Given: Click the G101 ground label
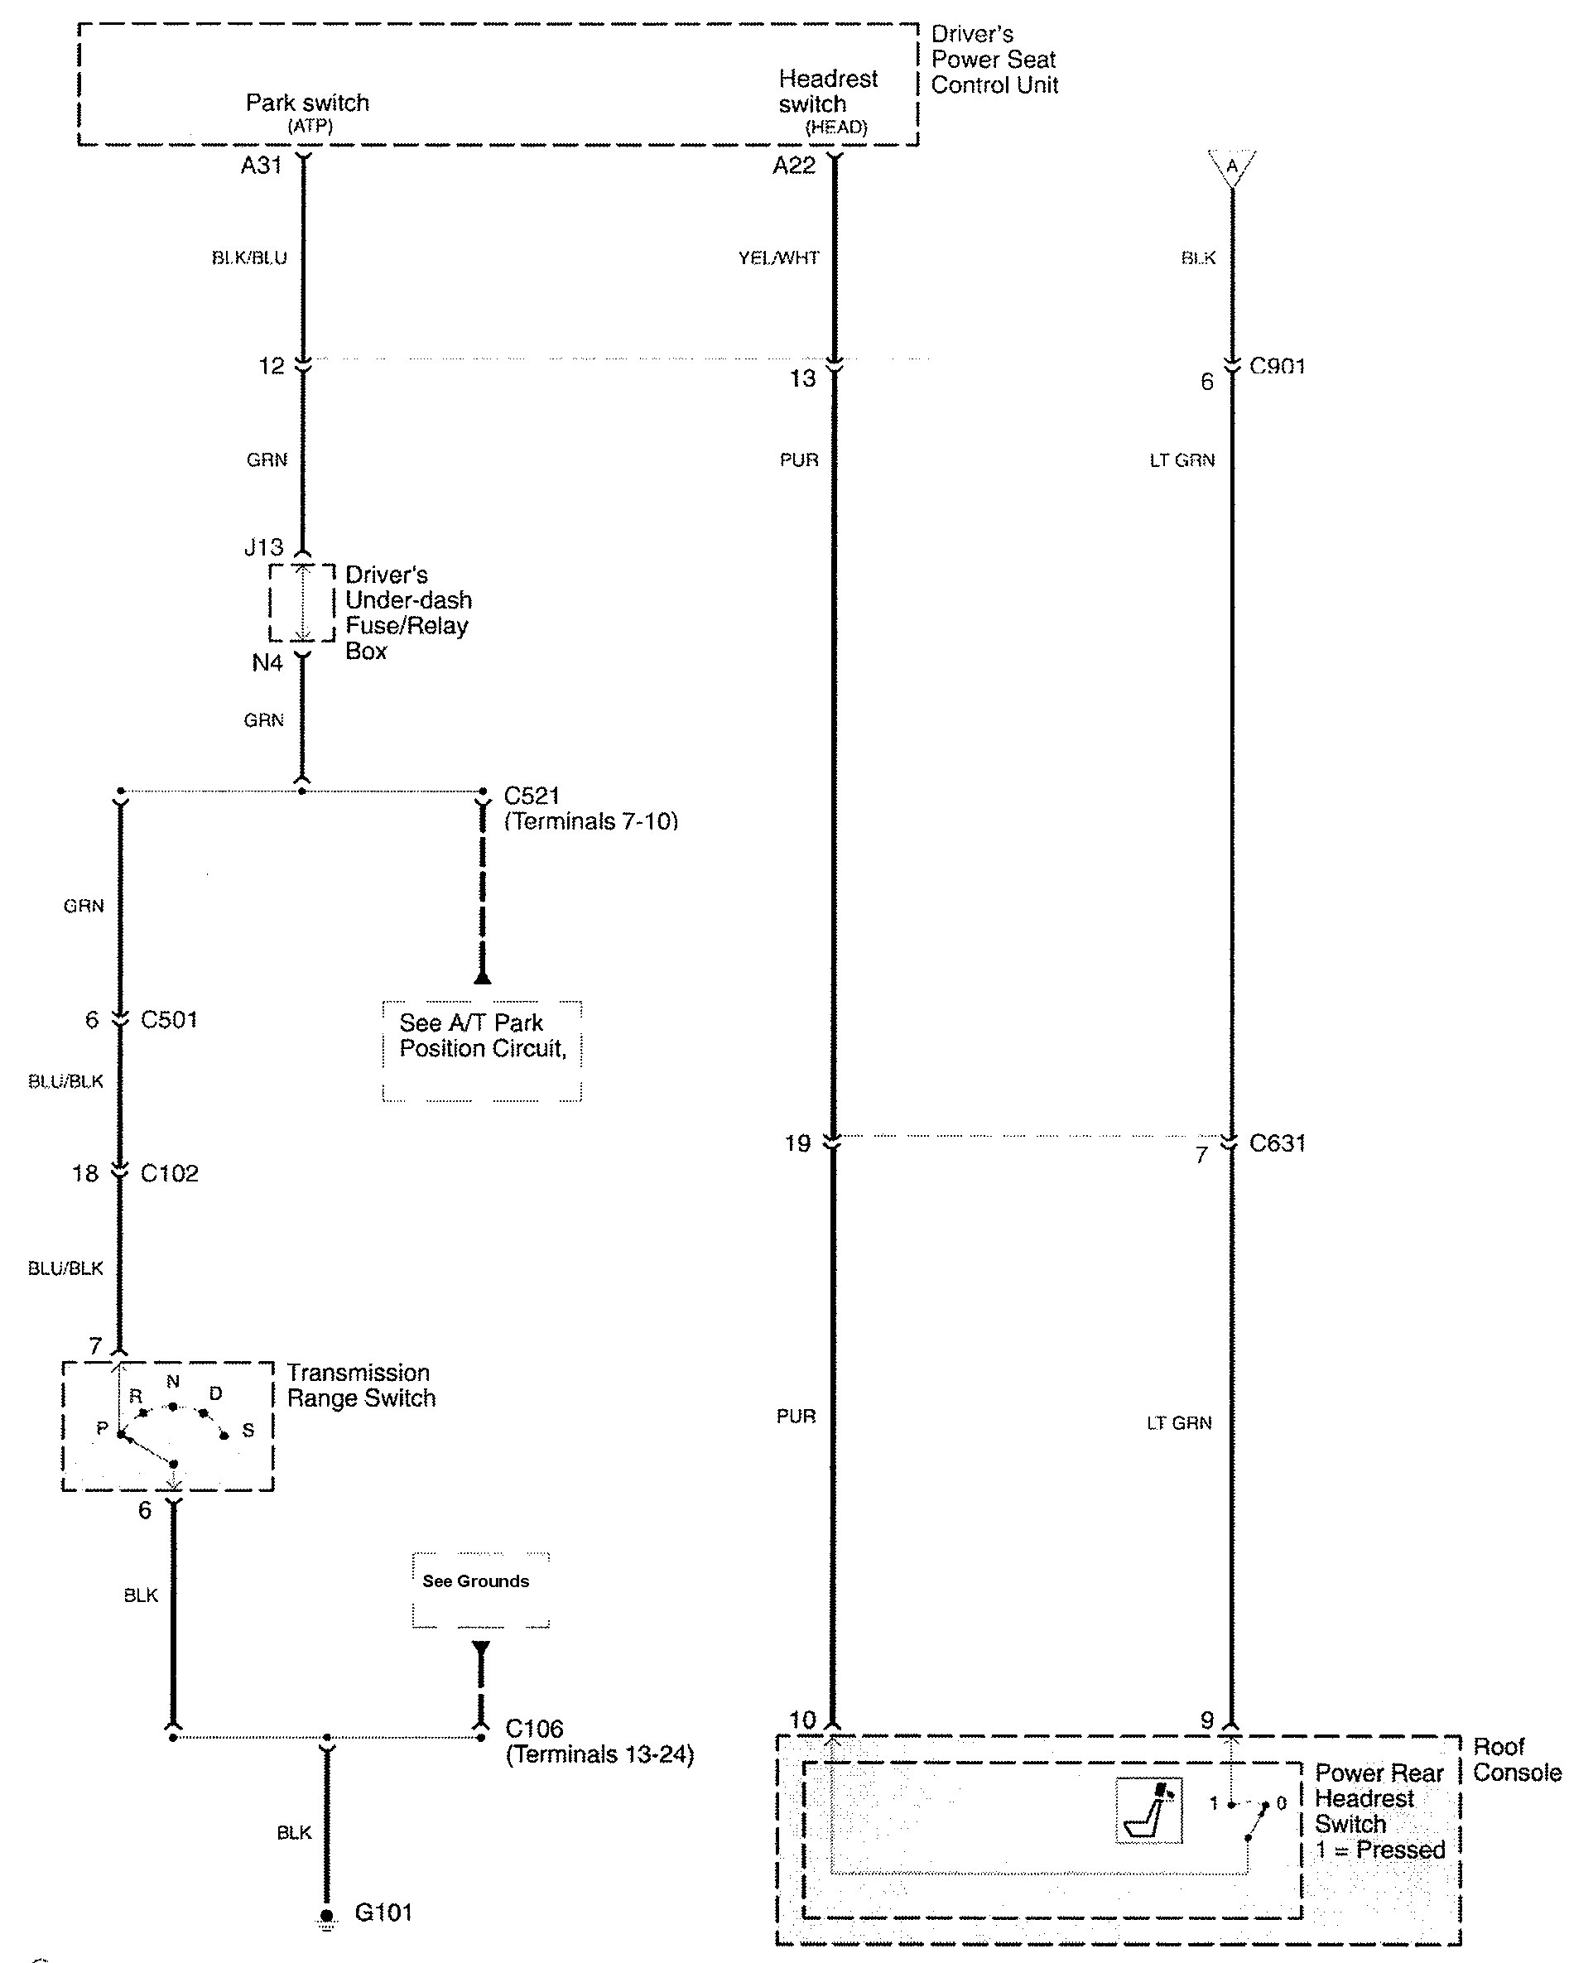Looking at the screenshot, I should tap(383, 1912).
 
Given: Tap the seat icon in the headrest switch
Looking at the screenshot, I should tap(1149, 1811).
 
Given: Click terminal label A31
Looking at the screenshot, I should tap(261, 166).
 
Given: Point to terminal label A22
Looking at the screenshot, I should tap(794, 166).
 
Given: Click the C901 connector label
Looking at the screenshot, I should tap(1278, 366).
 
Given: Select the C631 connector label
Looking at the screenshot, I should tap(1278, 1143).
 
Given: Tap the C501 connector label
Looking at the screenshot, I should tap(169, 1020).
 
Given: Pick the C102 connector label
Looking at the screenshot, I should tap(169, 1173).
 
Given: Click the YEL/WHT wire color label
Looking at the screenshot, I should tap(778, 257).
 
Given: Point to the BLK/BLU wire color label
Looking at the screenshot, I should tap(248, 257).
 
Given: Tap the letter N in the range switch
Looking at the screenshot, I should tap(172, 1381).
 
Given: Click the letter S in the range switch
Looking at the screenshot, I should tap(248, 1430).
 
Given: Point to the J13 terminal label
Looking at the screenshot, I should tap(263, 547).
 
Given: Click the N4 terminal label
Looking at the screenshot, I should tap(267, 662).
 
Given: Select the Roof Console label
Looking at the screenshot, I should tap(1516, 1759).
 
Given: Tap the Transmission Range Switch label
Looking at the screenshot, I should tap(361, 1385).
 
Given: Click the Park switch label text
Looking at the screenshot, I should tap(307, 103).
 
